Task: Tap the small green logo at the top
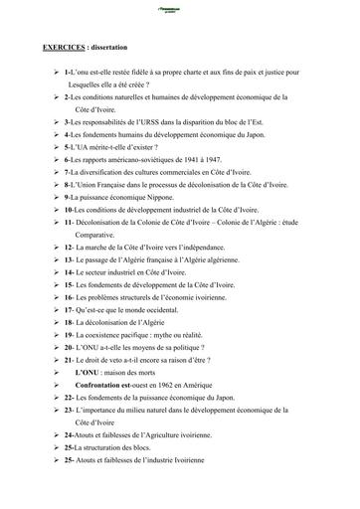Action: [x=179, y=6]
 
